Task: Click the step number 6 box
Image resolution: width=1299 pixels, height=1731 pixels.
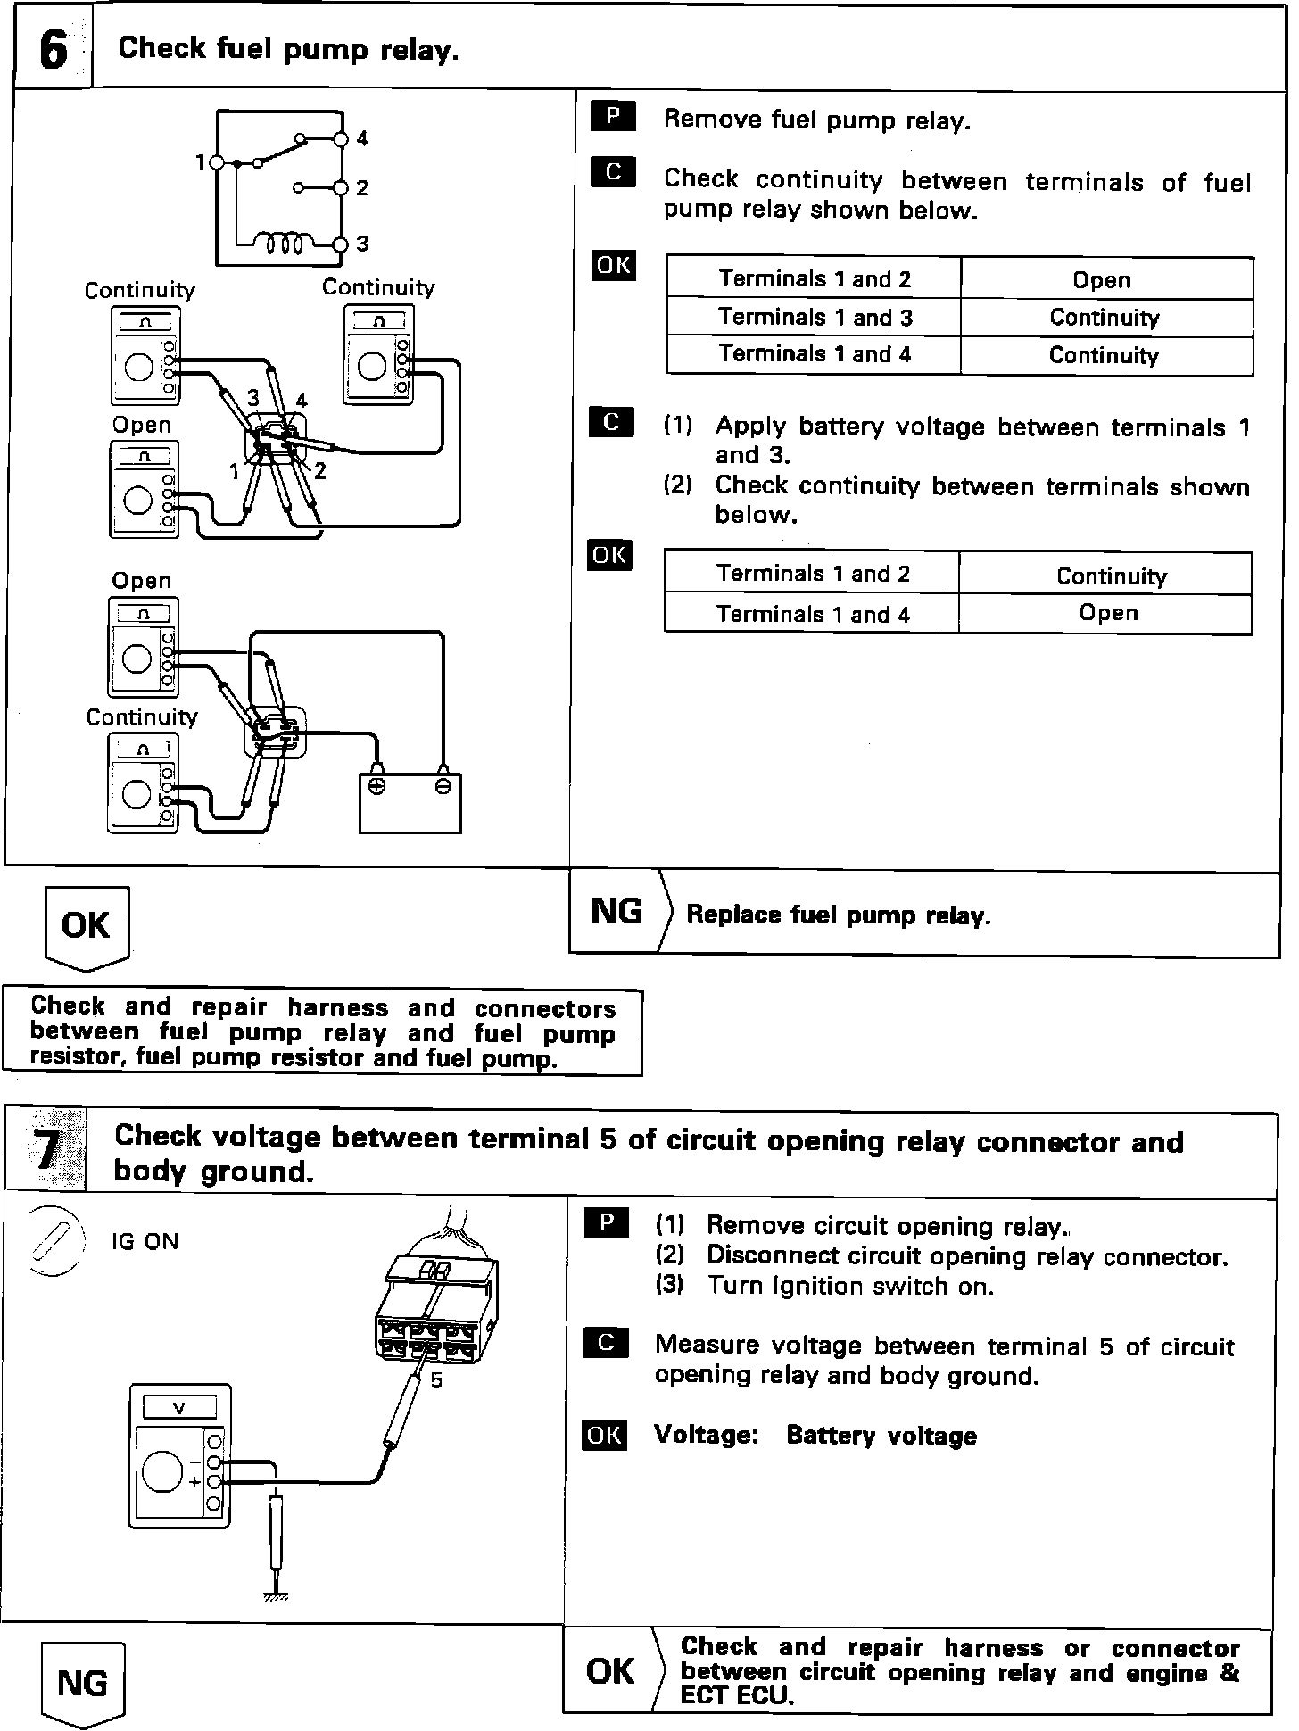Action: coord(54,49)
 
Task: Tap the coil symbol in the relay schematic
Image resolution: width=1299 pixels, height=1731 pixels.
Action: coord(283,243)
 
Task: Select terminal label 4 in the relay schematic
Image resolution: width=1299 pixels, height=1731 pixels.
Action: coord(362,138)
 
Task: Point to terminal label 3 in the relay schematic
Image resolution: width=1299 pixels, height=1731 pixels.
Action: coord(362,244)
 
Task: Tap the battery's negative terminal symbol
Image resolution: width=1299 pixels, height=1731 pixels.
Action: coord(443,786)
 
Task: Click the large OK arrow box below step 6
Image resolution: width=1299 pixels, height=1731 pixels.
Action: coord(86,926)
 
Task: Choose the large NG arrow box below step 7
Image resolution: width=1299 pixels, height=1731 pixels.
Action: coord(82,1683)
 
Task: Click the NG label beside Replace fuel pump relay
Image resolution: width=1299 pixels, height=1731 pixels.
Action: coord(616,912)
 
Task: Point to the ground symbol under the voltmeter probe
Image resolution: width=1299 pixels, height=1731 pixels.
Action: coord(277,1595)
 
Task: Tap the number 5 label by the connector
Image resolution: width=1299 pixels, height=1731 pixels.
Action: coord(436,1380)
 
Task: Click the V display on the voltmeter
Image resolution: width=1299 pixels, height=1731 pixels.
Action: coord(179,1408)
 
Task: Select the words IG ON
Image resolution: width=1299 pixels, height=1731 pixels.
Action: coord(145,1242)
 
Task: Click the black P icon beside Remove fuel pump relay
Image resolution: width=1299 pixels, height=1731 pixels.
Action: coord(613,117)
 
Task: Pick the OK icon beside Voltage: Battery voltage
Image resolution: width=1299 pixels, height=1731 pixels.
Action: coord(604,1435)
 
